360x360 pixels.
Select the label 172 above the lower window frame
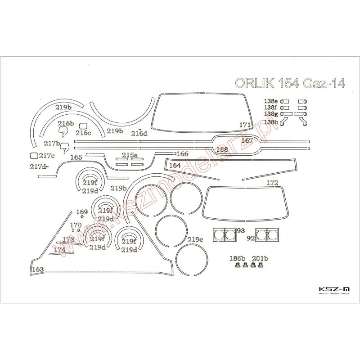click(x=273, y=183)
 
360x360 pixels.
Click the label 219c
click(x=195, y=239)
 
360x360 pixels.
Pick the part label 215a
click(x=130, y=155)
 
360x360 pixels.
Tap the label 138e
click(x=271, y=101)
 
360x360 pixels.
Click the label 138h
click(x=271, y=122)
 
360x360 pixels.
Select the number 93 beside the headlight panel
click(x=240, y=231)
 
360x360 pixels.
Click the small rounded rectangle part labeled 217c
click(x=33, y=156)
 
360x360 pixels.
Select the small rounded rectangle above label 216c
click(x=83, y=126)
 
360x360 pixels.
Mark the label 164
click(x=175, y=165)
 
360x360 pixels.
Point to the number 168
click(x=222, y=149)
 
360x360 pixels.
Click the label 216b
click(x=65, y=123)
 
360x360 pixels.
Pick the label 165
click(x=76, y=157)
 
